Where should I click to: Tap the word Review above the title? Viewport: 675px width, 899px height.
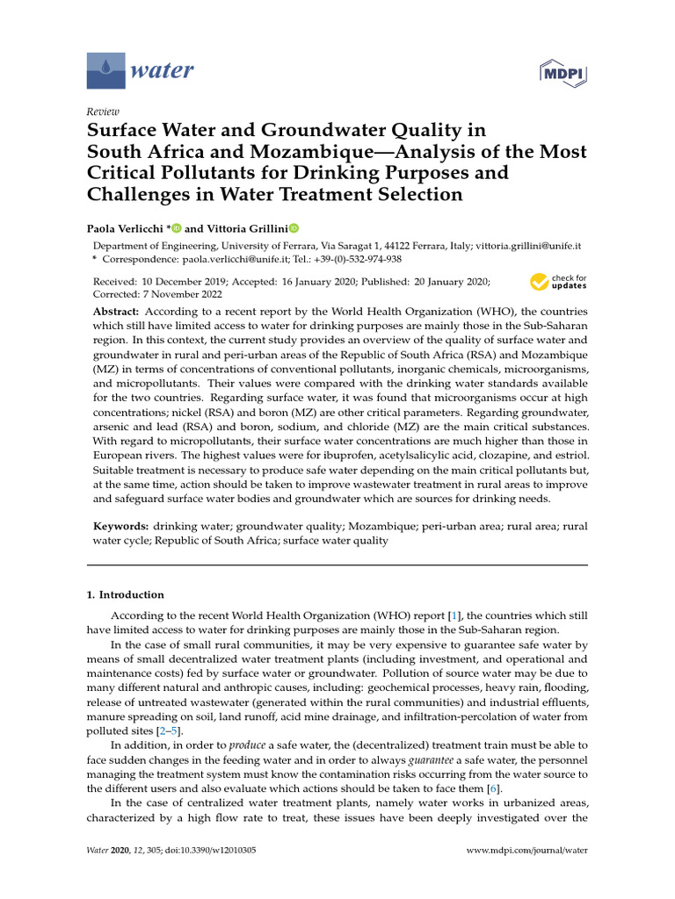(101, 111)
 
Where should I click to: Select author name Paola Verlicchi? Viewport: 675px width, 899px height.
(127, 227)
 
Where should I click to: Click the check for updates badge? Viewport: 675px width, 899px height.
(558, 282)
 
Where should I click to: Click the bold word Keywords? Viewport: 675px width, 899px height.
(121, 526)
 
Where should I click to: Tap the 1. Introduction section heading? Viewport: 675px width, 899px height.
(125, 594)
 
